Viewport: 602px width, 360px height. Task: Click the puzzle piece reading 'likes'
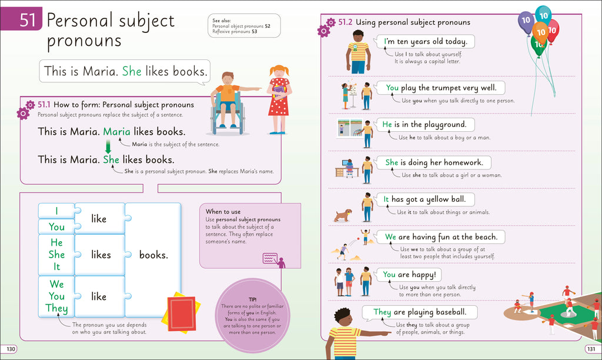tap(101, 255)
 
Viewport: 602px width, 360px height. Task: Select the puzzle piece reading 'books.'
tap(153, 255)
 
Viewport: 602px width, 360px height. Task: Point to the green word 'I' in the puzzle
tap(56, 211)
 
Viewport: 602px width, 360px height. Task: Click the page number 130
tap(11, 349)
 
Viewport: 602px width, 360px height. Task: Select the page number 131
tap(591, 349)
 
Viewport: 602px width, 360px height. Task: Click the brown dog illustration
tap(342, 215)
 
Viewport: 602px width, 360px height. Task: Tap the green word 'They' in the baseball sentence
tap(382, 312)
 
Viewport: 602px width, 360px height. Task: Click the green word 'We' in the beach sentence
tap(391, 236)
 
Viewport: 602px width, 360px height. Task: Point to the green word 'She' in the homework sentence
tap(392, 162)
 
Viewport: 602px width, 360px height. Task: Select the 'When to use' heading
tap(223, 212)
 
